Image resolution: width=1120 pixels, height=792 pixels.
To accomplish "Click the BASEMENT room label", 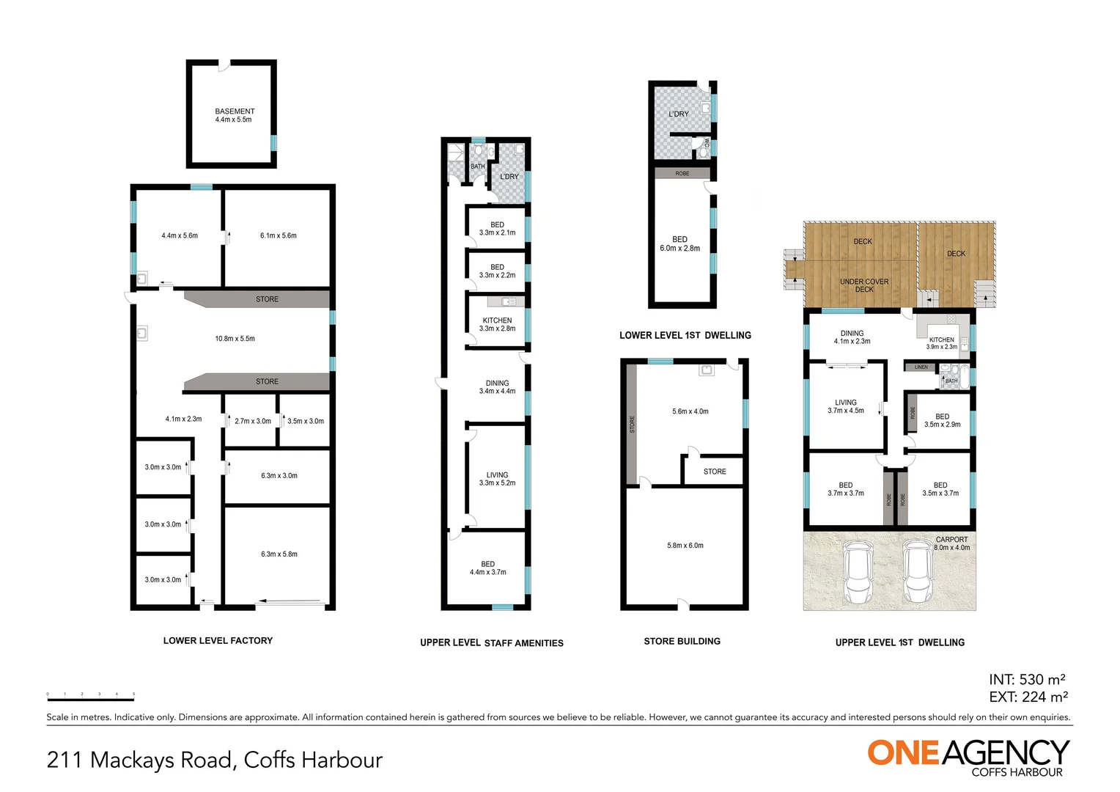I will click(x=235, y=115).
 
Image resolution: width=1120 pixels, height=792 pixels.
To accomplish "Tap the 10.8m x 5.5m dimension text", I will click(x=235, y=339).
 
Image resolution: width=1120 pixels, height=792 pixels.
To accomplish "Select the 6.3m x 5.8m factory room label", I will click(x=279, y=554).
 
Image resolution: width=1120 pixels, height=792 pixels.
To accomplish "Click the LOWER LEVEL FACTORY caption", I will click(x=218, y=641).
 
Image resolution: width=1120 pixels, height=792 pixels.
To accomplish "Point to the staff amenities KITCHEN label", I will click(x=497, y=324).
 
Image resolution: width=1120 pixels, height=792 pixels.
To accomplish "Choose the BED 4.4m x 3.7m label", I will click(x=487, y=568).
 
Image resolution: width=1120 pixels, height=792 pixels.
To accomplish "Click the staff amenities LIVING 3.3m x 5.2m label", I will click(x=497, y=479).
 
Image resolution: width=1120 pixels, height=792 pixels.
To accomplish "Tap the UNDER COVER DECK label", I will click(x=864, y=285).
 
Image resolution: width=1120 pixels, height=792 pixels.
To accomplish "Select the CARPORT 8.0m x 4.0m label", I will click(x=951, y=543).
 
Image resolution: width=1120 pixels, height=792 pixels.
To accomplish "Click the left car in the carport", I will click(x=857, y=572).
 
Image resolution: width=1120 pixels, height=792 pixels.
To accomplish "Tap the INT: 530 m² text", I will click(x=1027, y=680).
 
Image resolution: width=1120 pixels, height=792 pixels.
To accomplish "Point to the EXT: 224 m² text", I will click(x=1028, y=697).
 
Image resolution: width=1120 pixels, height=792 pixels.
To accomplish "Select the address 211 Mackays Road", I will click(x=214, y=760).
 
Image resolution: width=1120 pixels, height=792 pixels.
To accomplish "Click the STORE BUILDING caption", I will click(x=682, y=642).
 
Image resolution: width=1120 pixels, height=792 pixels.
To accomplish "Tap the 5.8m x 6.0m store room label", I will click(x=685, y=546).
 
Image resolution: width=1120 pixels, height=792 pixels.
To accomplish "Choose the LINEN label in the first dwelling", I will click(x=921, y=367).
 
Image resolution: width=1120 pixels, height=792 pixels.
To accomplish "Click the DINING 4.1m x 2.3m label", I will click(x=852, y=337).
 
